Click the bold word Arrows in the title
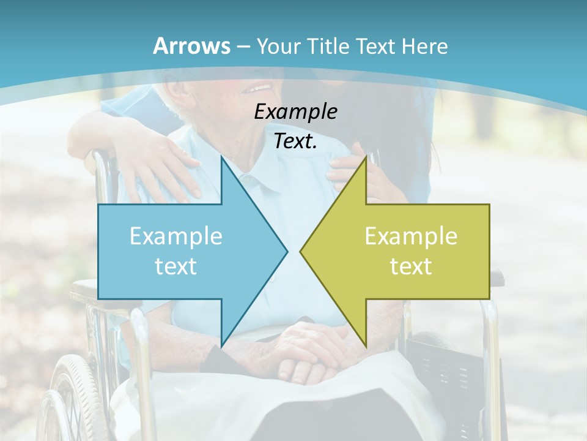[191, 46]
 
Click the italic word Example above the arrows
[295, 111]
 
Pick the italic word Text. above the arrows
[295, 141]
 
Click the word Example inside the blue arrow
[176, 236]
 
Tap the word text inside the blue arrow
[176, 266]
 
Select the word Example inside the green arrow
[411, 236]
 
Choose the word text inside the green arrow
[411, 266]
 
